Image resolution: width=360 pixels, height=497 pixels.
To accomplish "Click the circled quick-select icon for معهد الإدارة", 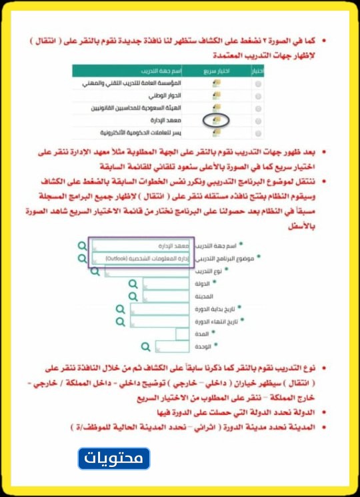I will (x=216, y=120).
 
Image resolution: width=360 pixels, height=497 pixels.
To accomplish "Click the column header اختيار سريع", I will (x=215, y=70).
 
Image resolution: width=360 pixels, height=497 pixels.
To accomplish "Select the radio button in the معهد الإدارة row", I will (x=259, y=120).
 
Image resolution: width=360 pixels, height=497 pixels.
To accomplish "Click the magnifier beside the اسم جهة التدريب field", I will (x=82, y=245).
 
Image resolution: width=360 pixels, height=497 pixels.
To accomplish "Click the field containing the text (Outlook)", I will (x=141, y=258).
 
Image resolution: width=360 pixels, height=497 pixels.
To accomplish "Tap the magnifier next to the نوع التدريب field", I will (x=95, y=271).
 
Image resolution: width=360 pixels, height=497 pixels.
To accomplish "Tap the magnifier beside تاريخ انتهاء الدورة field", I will (x=120, y=321).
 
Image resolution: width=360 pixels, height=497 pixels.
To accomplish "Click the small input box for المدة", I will (x=184, y=334).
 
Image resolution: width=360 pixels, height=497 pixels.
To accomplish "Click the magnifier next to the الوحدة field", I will (x=146, y=346).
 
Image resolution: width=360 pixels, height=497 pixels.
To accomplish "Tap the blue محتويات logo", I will (x=114, y=459).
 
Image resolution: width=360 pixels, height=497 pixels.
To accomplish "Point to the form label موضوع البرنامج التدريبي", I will (x=227, y=258).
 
